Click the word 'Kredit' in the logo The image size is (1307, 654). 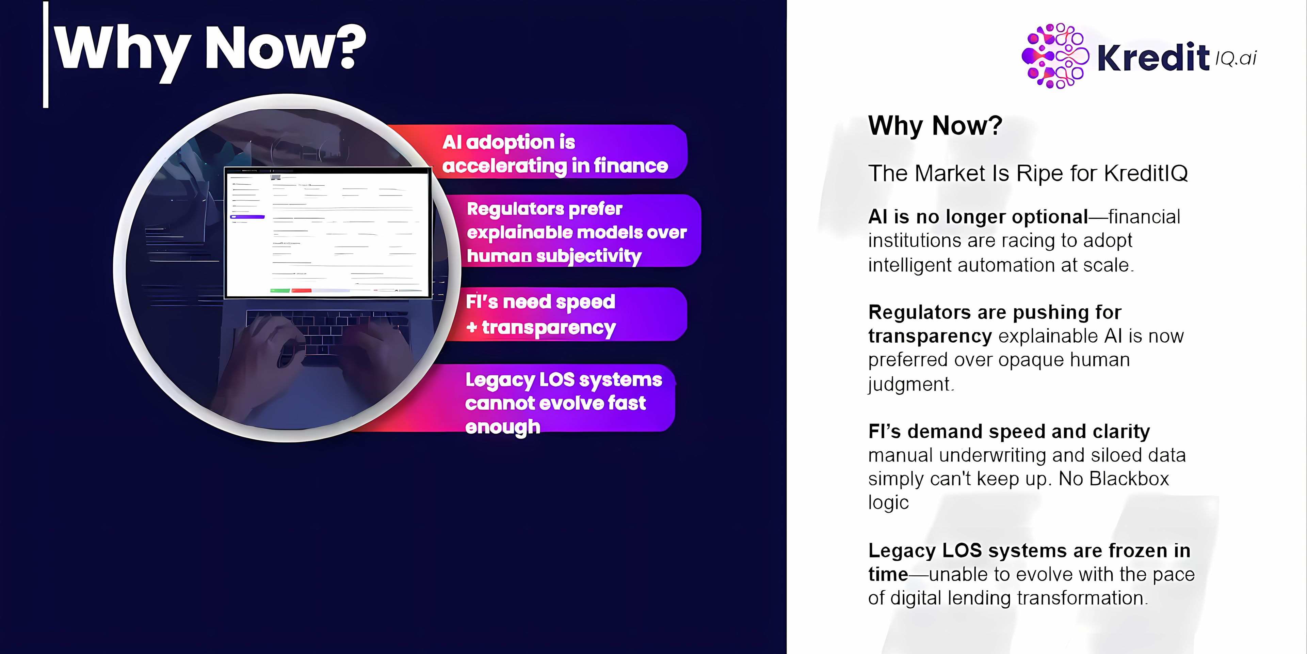1153,57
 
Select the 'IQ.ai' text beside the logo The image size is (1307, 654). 1236,58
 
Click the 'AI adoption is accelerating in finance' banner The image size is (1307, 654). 538,152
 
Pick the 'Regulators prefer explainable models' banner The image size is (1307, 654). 576,231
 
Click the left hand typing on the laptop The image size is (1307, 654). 261,355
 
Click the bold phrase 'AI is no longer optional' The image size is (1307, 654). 978,217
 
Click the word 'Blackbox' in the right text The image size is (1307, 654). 1129,479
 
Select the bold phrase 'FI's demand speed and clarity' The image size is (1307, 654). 1009,432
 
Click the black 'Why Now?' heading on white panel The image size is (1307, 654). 935,125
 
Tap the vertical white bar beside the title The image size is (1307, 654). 46,54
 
